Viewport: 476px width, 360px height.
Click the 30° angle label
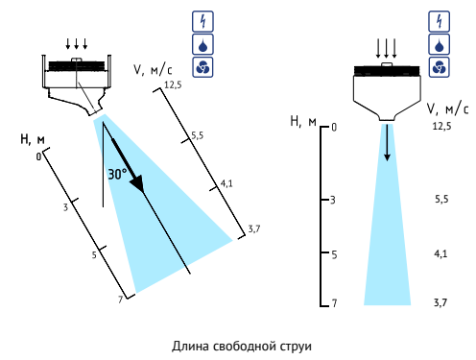tap(117, 175)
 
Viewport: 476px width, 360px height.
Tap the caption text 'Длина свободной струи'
tap(242, 347)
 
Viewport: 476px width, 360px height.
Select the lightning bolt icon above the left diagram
tap(202, 21)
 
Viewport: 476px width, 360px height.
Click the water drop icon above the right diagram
tap(439, 44)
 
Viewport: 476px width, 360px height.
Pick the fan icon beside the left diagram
tap(202, 67)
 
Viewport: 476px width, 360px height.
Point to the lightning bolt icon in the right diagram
tap(439, 21)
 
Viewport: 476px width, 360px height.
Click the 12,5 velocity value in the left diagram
tap(173, 84)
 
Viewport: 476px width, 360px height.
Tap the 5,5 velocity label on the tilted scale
tap(198, 135)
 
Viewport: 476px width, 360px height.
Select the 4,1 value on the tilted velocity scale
tap(226, 183)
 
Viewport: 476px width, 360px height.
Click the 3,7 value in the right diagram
tap(440, 302)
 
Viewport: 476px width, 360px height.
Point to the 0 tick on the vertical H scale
tap(334, 128)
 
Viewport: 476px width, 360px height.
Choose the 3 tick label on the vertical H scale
tap(333, 200)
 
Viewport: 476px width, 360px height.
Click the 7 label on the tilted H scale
tap(121, 300)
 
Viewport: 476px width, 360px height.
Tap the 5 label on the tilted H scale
tap(94, 255)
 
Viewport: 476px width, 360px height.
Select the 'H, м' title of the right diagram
tap(303, 122)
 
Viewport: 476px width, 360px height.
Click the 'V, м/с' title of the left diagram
tap(153, 69)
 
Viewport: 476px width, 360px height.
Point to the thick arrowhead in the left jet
tap(137, 183)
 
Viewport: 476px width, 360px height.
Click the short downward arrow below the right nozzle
tap(387, 143)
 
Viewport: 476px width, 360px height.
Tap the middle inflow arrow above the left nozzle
tap(77, 44)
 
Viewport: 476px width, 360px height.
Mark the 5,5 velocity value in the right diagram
tap(441, 200)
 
